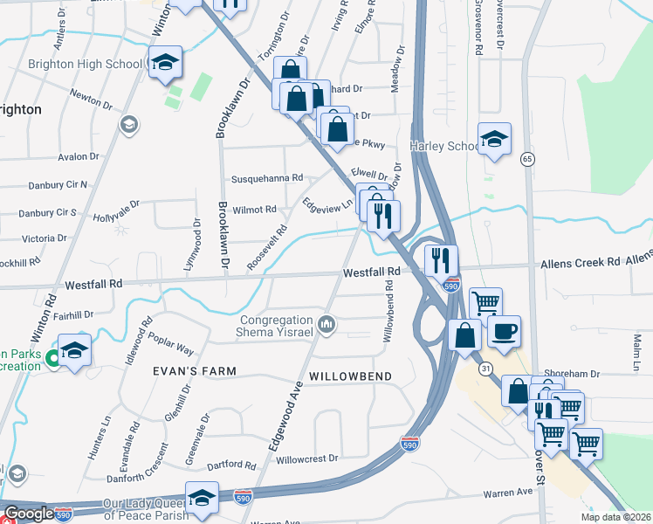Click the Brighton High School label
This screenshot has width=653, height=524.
84,64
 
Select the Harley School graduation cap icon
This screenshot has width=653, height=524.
494,139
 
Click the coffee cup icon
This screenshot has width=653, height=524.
504,331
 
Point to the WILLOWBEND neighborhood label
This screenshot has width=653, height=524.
349,375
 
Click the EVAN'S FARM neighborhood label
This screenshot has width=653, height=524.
195,371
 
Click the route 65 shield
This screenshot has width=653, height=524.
526,159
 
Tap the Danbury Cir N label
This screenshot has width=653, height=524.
53,185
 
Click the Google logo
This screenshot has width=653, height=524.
29,514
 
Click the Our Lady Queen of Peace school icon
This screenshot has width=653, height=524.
202,498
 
